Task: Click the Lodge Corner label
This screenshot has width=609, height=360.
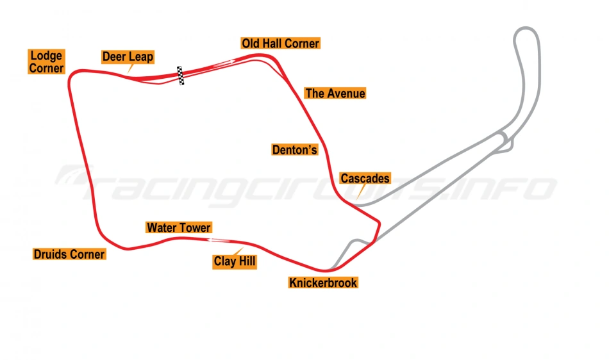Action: pos(46,62)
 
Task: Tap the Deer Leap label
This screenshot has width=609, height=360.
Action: pos(128,57)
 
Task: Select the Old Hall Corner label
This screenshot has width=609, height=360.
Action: pos(280,44)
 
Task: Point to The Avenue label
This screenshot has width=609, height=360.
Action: pos(335,94)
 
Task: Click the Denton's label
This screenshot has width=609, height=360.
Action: pos(295,150)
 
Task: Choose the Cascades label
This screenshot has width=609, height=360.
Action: pos(365,179)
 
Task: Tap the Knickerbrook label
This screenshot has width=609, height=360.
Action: pos(323,282)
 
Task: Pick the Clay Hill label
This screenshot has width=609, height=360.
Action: pos(235,261)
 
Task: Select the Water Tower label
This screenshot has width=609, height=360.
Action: pos(178,227)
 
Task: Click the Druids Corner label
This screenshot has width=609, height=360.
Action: pos(69,254)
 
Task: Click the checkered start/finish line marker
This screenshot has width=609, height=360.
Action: pos(181,76)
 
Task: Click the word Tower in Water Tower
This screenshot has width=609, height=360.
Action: pos(195,227)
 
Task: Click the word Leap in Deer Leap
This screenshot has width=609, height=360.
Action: pos(140,57)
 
